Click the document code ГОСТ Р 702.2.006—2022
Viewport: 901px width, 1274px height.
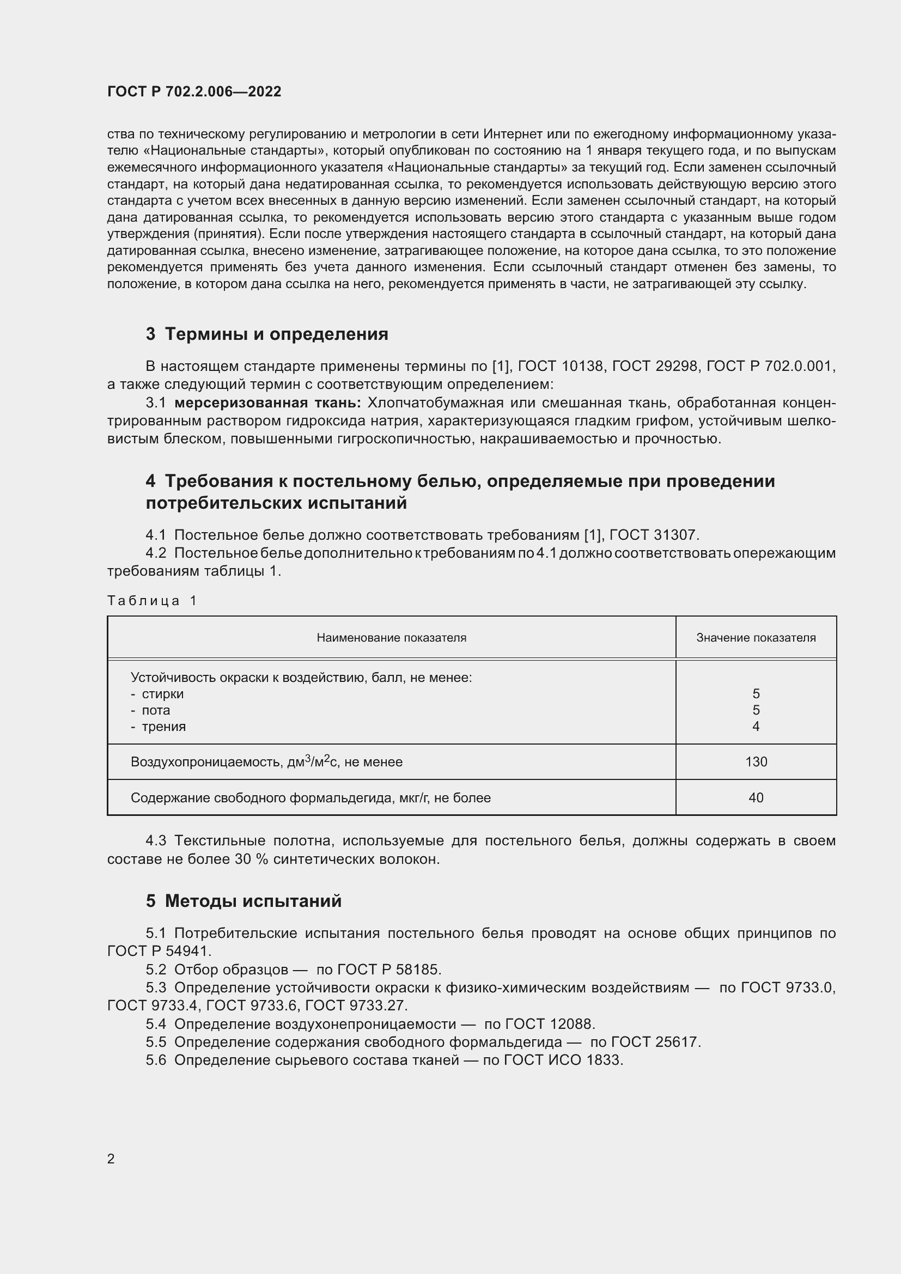(194, 92)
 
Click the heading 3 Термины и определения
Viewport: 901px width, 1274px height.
(266, 334)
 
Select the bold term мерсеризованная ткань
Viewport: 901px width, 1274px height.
(267, 403)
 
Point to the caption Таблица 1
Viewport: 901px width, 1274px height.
(152, 600)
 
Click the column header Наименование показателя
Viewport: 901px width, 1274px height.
(391, 638)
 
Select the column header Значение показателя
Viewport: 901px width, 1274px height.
(756, 638)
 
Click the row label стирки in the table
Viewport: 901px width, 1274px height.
(162, 693)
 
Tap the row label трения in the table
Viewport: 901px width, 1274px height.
(163, 727)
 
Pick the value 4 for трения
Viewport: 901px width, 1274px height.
(756, 727)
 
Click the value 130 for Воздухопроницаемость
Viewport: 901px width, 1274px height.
(756, 762)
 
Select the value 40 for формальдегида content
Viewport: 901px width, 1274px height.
(756, 798)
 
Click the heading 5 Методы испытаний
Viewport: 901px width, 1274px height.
(243, 901)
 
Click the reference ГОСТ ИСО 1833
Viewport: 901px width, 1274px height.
(563, 1060)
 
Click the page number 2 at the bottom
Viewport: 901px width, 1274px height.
(111, 1159)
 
